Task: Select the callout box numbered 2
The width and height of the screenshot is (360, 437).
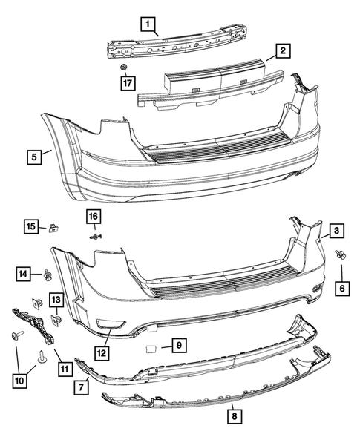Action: point(281,51)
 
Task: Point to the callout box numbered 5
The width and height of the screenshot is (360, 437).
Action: point(34,157)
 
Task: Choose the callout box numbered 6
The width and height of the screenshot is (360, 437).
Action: point(342,287)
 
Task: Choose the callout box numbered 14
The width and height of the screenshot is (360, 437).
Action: point(25,275)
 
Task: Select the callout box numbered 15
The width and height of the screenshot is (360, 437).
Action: point(31,226)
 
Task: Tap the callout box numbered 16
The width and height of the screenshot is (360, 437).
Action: point(94,216)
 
